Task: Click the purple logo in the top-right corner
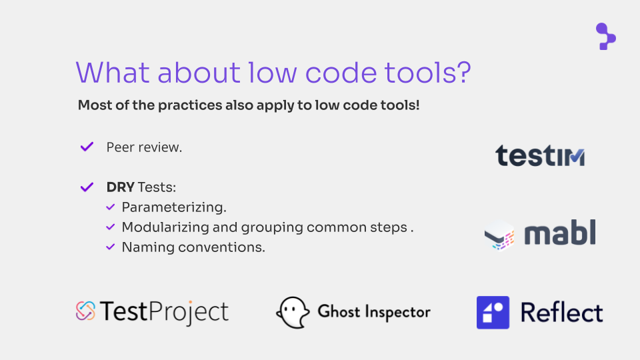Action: [x=605, y=37]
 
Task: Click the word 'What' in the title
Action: [x=113, y=73]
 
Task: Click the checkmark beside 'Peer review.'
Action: [x=87, y=147]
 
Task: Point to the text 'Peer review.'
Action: [x=144, y=147]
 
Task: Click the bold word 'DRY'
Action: [x=121, y=187]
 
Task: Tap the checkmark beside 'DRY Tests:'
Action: [x=87, y=187]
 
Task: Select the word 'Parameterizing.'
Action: [x=174, y=207]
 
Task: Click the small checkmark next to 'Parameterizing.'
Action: [x=110, y=207]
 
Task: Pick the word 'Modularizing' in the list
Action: [x=165, y=227]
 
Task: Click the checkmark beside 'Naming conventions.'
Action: [x=110, y=247]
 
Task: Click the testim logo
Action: [x=540, y=155]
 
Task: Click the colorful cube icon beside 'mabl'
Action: [x=499, y=235]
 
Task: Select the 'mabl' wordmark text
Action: [x=560, y=232]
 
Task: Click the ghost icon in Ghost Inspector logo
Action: [x=293, y=312]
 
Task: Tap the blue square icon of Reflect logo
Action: [x=493, y=312]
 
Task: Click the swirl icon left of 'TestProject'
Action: [x=85, y=311]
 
